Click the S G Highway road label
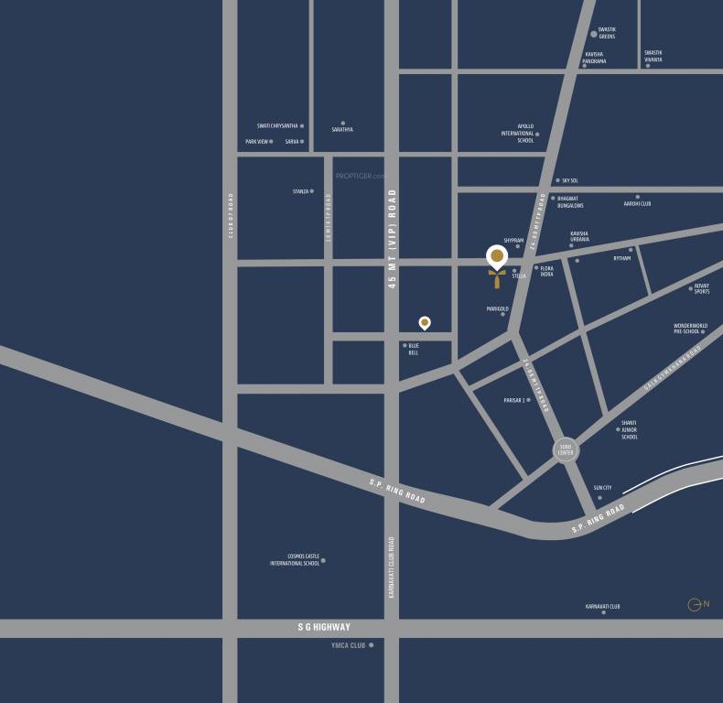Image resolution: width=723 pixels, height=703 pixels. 324,627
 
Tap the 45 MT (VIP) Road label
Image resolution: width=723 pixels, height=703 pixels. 392,239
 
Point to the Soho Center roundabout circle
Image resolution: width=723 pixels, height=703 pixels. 566,449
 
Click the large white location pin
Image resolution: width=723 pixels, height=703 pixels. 496,255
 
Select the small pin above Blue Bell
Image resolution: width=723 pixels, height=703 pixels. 425,322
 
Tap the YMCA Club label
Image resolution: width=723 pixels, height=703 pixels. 348,645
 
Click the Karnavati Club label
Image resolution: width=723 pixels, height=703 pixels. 603,606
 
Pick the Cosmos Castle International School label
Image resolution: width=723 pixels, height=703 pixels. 295,559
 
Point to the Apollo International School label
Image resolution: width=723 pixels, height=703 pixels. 517,134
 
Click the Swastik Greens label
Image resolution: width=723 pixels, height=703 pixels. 606,33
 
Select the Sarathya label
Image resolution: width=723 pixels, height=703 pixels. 342,129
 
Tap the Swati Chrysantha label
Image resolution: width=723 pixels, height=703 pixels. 276,126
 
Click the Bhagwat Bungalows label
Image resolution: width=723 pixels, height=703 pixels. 570,201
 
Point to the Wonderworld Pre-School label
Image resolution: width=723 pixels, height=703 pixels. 689,329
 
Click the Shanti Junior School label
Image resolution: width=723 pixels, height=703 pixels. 629,433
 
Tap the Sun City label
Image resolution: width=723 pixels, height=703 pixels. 602,489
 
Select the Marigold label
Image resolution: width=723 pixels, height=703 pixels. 497,309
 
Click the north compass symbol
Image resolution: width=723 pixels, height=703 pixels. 698,604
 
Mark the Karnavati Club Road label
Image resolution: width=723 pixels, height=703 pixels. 392,568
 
